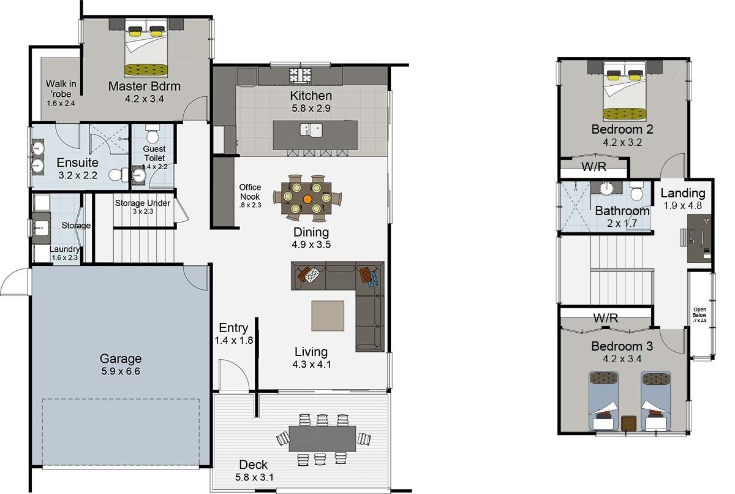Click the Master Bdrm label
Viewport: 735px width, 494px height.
pyautogui.click(x=145, y=86)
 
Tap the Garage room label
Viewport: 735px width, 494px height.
pyautogui.click(x=121, y=359)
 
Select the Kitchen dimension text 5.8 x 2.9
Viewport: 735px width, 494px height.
pyautogui.click(x=311, y=108)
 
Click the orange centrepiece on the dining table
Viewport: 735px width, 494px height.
pyautogui.click(x=307, y=199)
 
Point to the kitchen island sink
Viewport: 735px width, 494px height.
pyautogui.click(x=311, y=130)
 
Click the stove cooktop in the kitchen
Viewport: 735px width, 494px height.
pyautogui.click(x=300, y=75)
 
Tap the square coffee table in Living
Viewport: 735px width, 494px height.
pyautogui.click(x=328, y=316)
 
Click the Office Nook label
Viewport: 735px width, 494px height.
pyautogui.click(x=250, y=192)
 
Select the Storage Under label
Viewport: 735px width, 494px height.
pyautogui.click(x=143, y=203)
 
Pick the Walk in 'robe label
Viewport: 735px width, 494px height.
pyautogui.click(x=61, y=89)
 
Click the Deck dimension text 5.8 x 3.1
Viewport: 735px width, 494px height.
pyautogui.click(x=254, y=477)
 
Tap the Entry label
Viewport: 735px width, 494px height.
pyautogui.click(x=233, y=328)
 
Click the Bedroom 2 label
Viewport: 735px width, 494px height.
pyautogui.click(x=622, y=129)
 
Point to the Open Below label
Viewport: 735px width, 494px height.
pyautogui.click(x=699, y=312)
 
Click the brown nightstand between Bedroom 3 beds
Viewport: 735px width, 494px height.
pyautogui.click(x=629, y=423)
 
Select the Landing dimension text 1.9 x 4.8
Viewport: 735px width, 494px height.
pyautogui.click(x=683, y=206)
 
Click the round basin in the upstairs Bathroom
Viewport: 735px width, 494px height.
pyautogui.click(x=606, y=188)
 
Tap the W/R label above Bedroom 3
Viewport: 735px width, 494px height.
pyautogui.click(x=605, y=317)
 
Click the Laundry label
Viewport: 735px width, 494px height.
pyautogui.click(x=65, y=249)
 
